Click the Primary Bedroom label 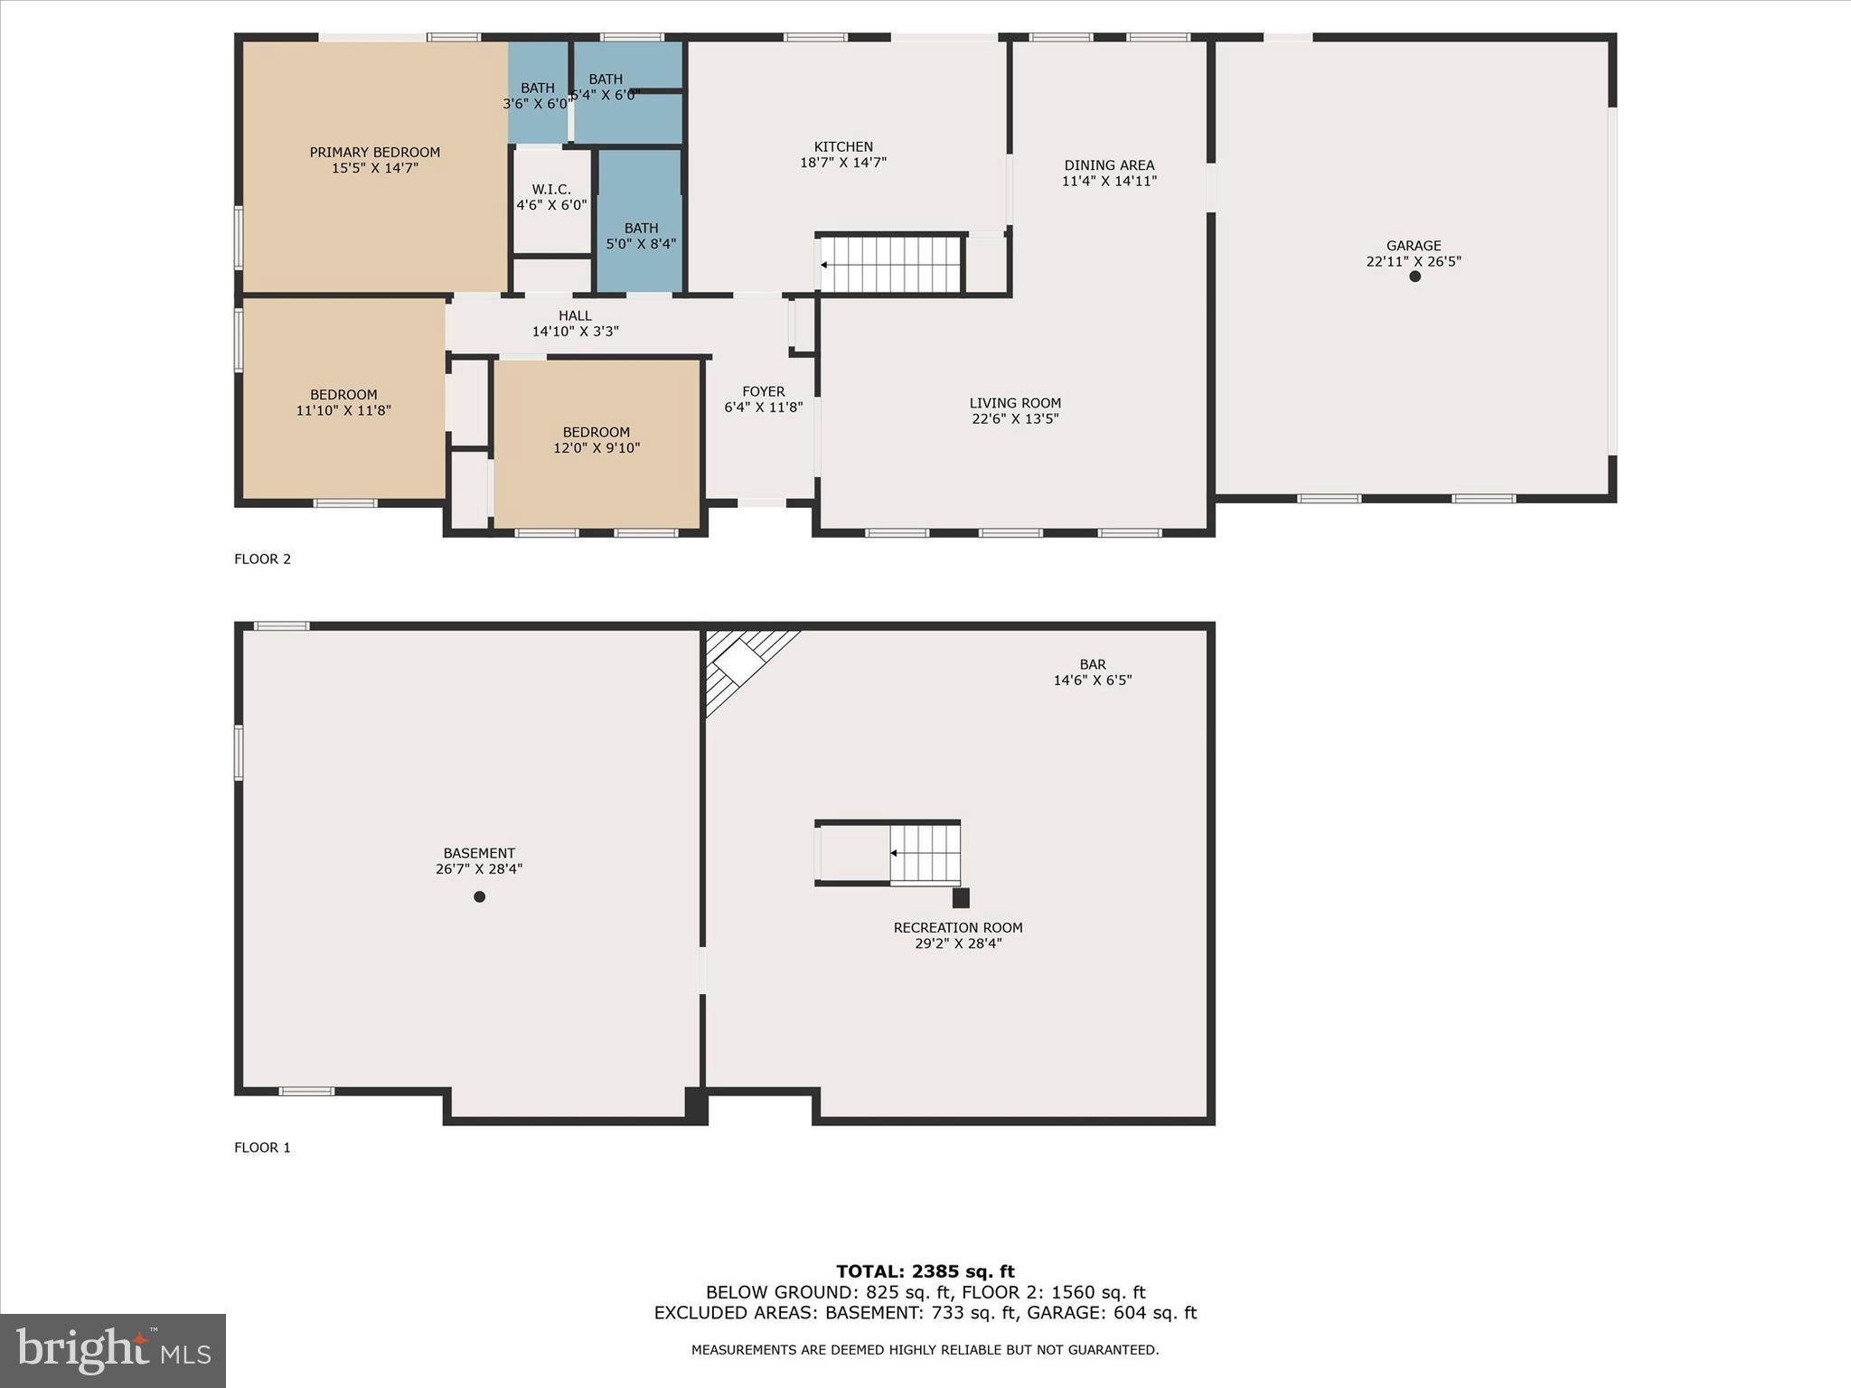click(x=374, y=160)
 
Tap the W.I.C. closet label click(x=551, y=197)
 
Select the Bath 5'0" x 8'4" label click(x=641, y=236)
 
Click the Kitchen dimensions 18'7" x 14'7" click(x=843, y=163)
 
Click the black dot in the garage click(x=1414, y=277)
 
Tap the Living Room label click(x=1015, y=410)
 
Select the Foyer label click(x=763, y=399)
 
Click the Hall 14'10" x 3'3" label click(x=575, y=324)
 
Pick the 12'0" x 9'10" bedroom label click(x=597, y=439)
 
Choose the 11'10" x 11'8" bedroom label click(x=343, y=402)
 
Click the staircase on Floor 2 click(x=890, y=265)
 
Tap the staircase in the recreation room click(x=924, y=853)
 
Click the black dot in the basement click(x=480, y=896)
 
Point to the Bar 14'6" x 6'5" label click(x=1092, y=672)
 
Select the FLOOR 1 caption click(x=262, y=1148)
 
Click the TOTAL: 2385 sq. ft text click(x=925, y=1272)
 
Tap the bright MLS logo click(x=113, y=1350)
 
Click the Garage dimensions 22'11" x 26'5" click(x=1414, y=261)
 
